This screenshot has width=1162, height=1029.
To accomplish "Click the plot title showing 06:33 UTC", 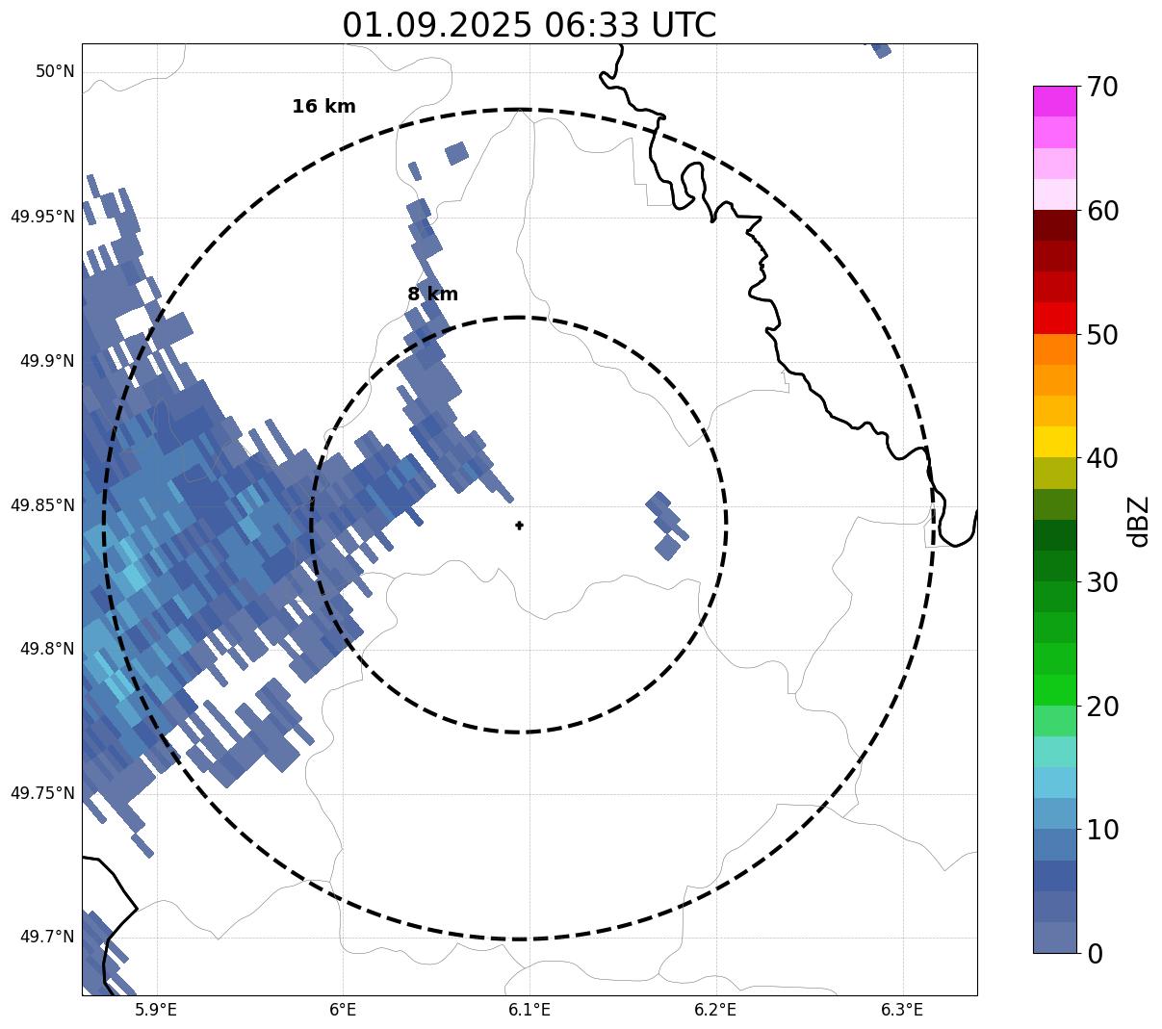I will pos(529,25).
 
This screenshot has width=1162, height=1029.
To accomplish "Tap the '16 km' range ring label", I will pos(323,107).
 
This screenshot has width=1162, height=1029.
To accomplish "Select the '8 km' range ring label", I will pos(432,295).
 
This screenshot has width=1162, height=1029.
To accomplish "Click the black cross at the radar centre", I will pos(520,526).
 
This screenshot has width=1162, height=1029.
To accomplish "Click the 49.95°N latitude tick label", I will pos(41,216).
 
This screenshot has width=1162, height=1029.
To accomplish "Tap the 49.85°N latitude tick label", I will pos(41,504).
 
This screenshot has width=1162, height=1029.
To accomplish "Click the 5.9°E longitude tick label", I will pos(156,1010).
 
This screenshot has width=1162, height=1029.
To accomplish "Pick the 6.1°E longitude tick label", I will pos(529,1010).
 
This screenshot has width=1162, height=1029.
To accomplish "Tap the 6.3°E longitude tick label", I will pos(902,1010).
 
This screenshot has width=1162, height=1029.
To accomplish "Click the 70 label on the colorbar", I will pos(1101,88).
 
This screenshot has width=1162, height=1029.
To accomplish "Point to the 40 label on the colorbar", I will pos(1101,458).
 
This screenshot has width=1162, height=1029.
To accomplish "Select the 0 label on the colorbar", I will pos(1095,954).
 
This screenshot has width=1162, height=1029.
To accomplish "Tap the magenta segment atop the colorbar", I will pos(1054,101).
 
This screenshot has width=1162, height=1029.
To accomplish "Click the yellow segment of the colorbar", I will pos(1054,442).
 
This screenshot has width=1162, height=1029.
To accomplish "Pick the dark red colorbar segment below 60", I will pos(1054,225).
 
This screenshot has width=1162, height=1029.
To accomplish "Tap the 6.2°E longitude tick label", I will pos(715,1010).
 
